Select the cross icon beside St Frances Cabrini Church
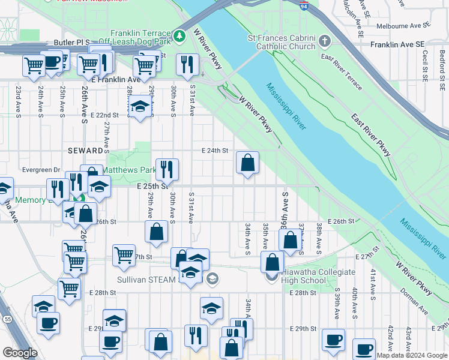(x=325, y=41)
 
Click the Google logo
(x=20, y=353)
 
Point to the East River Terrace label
(x=342, y=74)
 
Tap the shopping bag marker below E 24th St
(x=247, y=163)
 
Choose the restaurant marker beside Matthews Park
(x=167, y=169)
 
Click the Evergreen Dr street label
(x=41, y=170)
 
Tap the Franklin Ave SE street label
(x=397, y=44)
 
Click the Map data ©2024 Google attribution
(x=412, y=355)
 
